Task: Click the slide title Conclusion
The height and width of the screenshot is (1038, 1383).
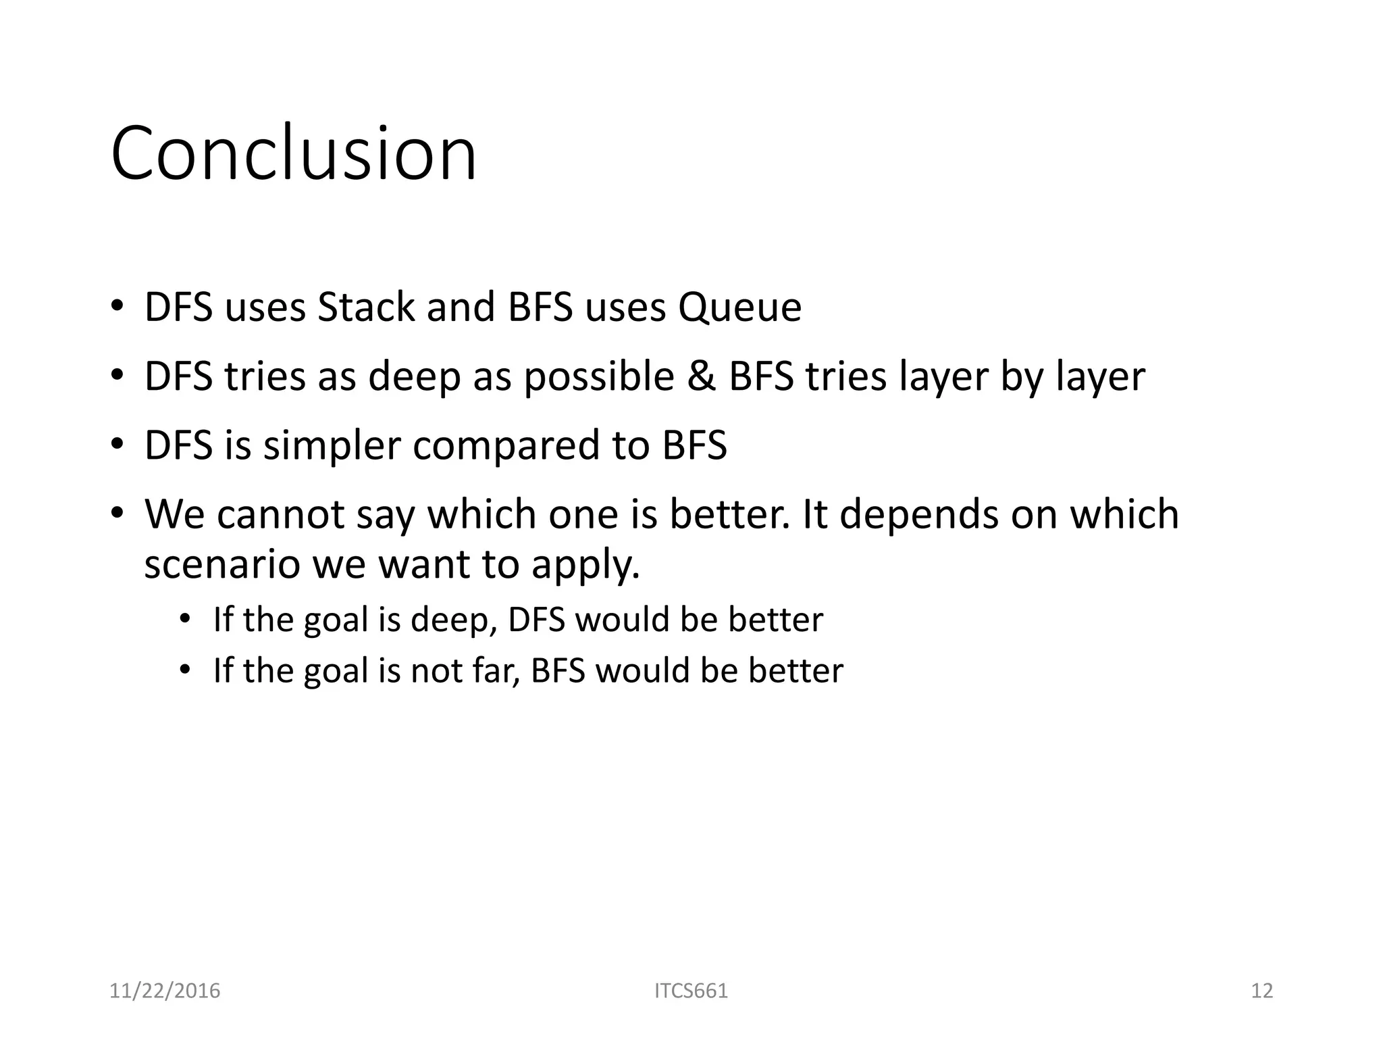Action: pyautogui.click(x=294, y=154)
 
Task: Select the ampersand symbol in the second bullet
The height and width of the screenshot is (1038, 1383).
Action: pyautogui.click(x=702, y=376)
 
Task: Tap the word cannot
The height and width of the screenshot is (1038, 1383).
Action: pyautogui.click(x=280, y=514)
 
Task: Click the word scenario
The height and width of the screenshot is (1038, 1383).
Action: pyautogui.click(x=222, y=564)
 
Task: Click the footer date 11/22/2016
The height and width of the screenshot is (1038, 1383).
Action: pyautogui.click(x=165, y=991)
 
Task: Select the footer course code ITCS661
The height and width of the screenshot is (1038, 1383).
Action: pyautogui.click(x=691, y=991)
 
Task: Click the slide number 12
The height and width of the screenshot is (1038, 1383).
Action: pyautogui.click(x=1261, y=991)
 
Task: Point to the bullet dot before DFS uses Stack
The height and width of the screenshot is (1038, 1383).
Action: pyautogui.click(x=118, y=306)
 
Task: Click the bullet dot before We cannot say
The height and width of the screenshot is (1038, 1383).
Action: pyautogui.click(x=118, y=513)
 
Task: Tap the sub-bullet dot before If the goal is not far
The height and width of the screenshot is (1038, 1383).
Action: pyautogui.click(x=186, y=670)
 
